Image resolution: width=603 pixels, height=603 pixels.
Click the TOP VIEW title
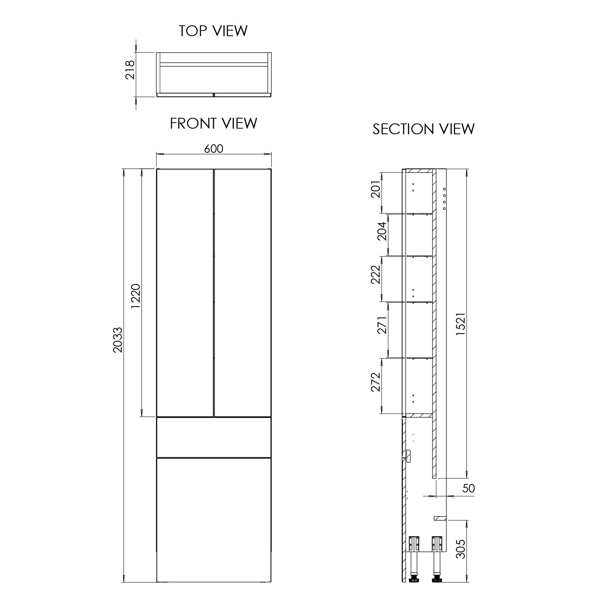point(213,31)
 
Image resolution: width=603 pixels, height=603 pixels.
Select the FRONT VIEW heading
point(213,123)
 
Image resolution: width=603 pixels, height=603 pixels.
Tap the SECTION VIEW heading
point(423,129)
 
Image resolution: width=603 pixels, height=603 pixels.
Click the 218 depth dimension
point(130,70)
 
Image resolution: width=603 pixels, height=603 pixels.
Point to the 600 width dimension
point(213,148)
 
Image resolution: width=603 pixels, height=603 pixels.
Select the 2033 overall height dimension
point(118,340)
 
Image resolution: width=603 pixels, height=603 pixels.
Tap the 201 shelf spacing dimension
point(375,189)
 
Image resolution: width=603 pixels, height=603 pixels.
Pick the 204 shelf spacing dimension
point(382,231)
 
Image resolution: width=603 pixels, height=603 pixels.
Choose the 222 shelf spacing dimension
point(375,274)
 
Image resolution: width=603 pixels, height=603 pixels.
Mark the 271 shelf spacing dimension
point(382,325)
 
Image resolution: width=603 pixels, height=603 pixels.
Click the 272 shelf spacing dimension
point(375,382)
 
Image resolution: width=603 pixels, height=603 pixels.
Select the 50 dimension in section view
point(469,488)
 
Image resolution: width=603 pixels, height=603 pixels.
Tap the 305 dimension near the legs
point(461,548)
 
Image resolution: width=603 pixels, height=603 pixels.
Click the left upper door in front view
point(185,293)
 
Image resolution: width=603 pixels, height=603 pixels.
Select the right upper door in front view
point(242,293)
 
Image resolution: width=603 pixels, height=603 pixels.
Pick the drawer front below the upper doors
point(213,437)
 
